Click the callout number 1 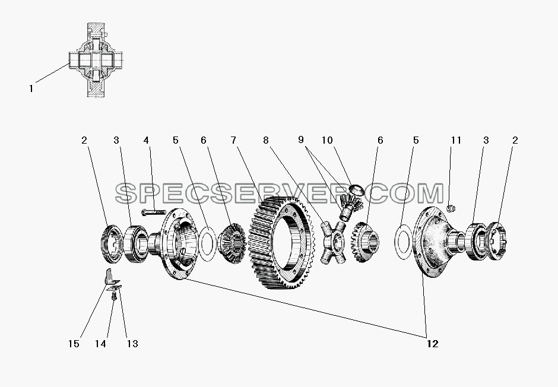point(31,88)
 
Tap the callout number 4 point(146,141)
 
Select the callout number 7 point(233,141)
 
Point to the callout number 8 point(266,141)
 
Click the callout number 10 point(327,141)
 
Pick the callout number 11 point(456,141)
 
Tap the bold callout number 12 point(432,344)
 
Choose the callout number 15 point(74,344)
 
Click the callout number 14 point(100,344)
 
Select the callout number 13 point(132,344)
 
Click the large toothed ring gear point(281,242)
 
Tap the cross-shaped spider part point(334,242)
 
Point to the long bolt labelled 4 point(153,212)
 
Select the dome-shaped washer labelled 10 point(357,189)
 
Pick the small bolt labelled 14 point(114,296)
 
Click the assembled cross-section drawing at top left point(96,60)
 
